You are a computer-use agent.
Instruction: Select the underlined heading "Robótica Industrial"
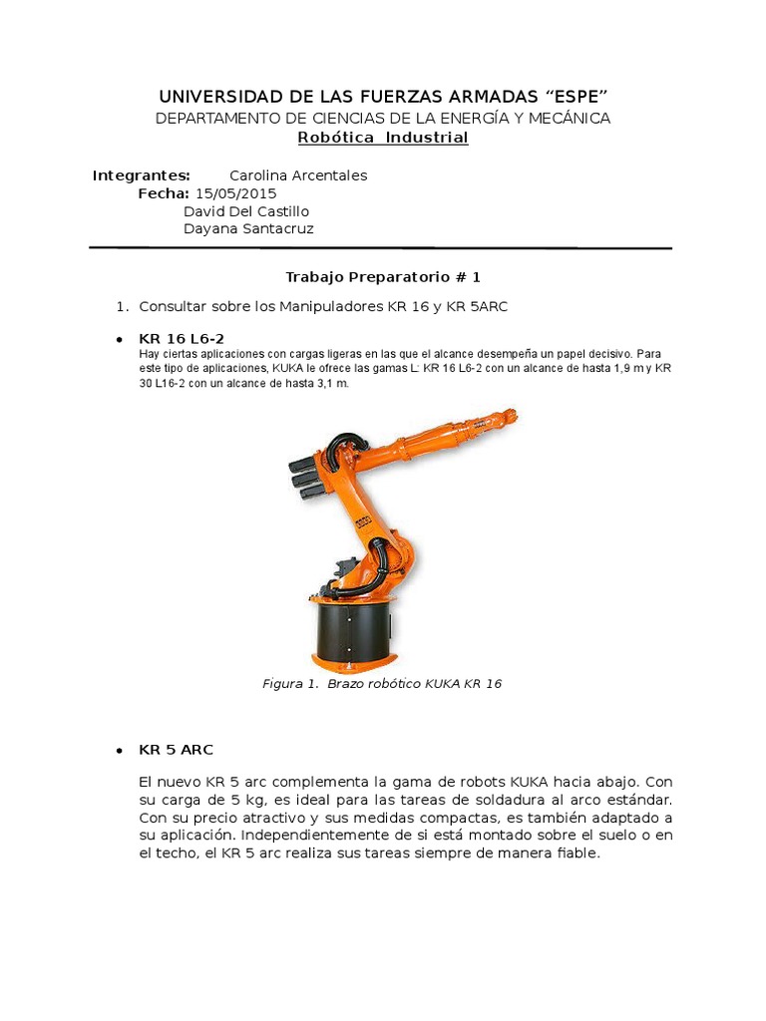(383, 138)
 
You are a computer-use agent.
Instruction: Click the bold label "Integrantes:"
(142, 175)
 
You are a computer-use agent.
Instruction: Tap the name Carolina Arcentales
(298, 175)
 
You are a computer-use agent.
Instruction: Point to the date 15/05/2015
(236, 193)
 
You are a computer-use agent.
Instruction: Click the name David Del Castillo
(246, 211)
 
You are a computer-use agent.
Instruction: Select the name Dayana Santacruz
(248, 229)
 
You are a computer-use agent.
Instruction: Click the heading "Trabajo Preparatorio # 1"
(383, 276)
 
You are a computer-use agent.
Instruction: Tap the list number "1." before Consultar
(124, 306)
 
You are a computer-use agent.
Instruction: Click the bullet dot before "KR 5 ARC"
(119, 750)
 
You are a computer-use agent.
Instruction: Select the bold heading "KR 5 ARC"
(176, 749)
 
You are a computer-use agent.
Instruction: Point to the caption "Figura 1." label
(289, 684)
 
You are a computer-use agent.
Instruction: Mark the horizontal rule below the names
(380, 247)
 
